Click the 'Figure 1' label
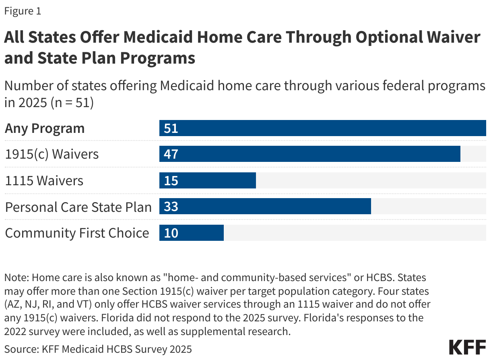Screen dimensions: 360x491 point(23,11)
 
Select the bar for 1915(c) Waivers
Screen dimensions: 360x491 point(309,154)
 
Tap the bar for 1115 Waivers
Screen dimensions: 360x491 point(207,180)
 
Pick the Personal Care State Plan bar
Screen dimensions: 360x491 point(265,207)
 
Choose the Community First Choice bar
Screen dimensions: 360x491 point(191,233)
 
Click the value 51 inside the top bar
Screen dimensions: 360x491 point(171,128)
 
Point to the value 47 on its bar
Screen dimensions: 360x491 point(171,154)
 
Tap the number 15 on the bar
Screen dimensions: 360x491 point(171,180)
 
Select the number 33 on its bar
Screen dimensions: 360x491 point(171,207)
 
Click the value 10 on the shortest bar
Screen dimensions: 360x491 point(171,233)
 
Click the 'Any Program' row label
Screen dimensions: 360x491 point(45,128)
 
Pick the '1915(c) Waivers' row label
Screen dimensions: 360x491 point(52,154)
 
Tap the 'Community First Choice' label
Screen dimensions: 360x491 point(77,233)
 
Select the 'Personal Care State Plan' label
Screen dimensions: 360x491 point(78,207)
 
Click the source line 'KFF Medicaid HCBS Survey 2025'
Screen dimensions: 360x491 point(117,348)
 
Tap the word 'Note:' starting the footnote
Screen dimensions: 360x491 point(16,277)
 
